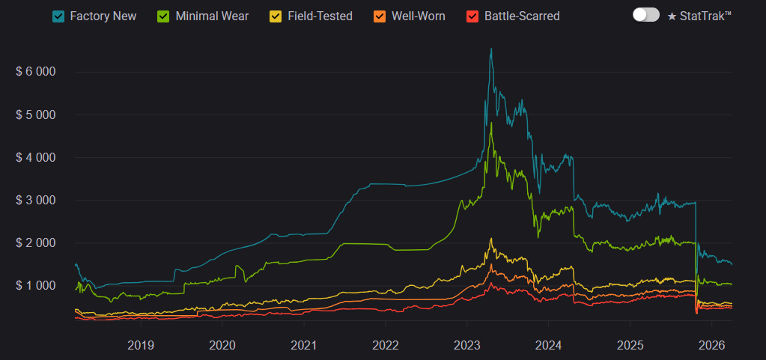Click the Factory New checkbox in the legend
tap(58, 16)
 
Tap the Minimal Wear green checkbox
tap(164, 16)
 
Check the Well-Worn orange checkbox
tap(380, 16)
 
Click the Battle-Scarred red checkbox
tap(472, 16)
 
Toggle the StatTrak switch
tap(645, 15)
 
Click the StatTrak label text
tap(699, 16)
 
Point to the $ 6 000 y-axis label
tap(36, 72)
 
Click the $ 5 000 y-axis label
tap(36, 115)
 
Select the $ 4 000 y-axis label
tap(36, 157)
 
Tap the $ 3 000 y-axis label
tap(36, 200)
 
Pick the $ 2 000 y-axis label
tap(36, 242)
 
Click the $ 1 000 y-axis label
tap(36, 285)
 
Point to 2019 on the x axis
tap(141, 345)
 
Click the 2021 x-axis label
tap(303, 345)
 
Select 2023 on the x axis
tap(466, 345)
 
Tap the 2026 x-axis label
tap(711, 345)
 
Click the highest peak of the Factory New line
tap(491, 49)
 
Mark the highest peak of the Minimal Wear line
tap(491, 123)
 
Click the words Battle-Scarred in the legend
tap(522, 16)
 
